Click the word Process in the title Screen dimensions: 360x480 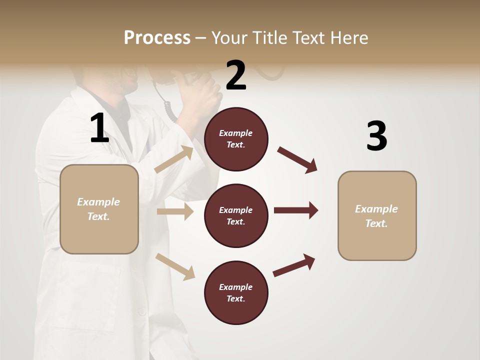(x=157, y=37)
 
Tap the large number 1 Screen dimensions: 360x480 (x=99, y=128)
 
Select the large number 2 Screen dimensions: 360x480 (x=236, y=75)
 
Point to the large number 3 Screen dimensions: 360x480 (x=376, y=136)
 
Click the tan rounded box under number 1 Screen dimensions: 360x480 (x=99, y=209)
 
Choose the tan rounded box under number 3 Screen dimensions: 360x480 (x=377, y=216)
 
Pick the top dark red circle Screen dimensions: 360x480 (x=236, y=139)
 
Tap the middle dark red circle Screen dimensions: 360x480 (x=236, y=216)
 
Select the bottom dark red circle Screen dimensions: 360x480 (x=236, y=293)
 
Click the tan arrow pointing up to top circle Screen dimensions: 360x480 (x=174, y=159)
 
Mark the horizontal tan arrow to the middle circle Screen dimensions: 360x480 (x=175, y=211)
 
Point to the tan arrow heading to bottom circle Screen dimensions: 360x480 (x=175, y=266)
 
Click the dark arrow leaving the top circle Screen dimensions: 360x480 (x=297, y=160)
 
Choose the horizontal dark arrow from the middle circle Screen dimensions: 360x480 (x=296, y=210)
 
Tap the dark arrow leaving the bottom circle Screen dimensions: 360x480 (x=294, y=265)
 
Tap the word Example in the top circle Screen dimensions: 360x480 (x=235, y=133)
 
